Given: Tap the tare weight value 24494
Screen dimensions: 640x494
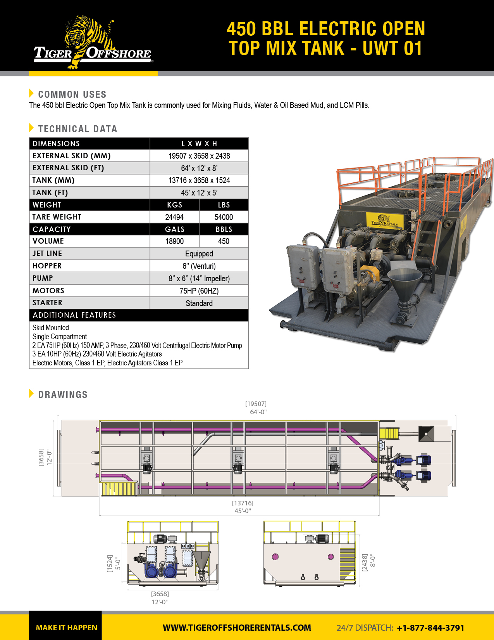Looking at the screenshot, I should pyautogui.click(x=174, y=217).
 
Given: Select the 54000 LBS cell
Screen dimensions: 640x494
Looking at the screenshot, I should pyautogui.click(x=224, y=217).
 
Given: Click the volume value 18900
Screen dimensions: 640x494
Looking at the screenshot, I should pyautogui.click(x=174, y=241).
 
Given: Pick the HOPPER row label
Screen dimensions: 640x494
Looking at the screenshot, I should pyautogui.click(x=47, y=266).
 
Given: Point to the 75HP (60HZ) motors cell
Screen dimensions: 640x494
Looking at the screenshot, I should pyautogui.click(x=199, y=291).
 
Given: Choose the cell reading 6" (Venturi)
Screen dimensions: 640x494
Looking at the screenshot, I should pyautogui.click(x=199, y=266).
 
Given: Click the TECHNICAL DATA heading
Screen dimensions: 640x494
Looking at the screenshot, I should pyautogui.click(x=77, y=129).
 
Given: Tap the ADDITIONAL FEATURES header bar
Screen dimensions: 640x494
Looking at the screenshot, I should pyautogui.click(x=138, y=315).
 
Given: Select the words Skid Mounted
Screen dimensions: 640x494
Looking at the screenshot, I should pyautogui.click(x=51, y=328).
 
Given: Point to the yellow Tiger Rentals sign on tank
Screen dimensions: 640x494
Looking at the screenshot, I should pyautogui.click(x=385, y=221).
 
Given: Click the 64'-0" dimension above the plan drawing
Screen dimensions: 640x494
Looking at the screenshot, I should pyautogui.click(x=258, y=412).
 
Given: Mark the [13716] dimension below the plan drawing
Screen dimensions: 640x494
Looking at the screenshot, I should pyautogui.click(x=243, y=503).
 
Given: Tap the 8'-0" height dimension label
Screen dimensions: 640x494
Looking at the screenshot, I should pyautogui.click(x=373, y=560).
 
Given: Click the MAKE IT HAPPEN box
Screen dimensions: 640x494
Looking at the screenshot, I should pyautogui.click(x=65, y=627).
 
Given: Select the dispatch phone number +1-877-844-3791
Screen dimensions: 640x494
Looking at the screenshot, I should pyautogui.click(x=430, y=628).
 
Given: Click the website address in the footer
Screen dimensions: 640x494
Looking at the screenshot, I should pyautogui.click(x=237, y=628).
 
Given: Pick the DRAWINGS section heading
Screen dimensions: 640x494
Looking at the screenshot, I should pyautogui.click(x=63, y=394).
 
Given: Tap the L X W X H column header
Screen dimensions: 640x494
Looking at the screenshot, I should pyautogui.click(x=199, y=144).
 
